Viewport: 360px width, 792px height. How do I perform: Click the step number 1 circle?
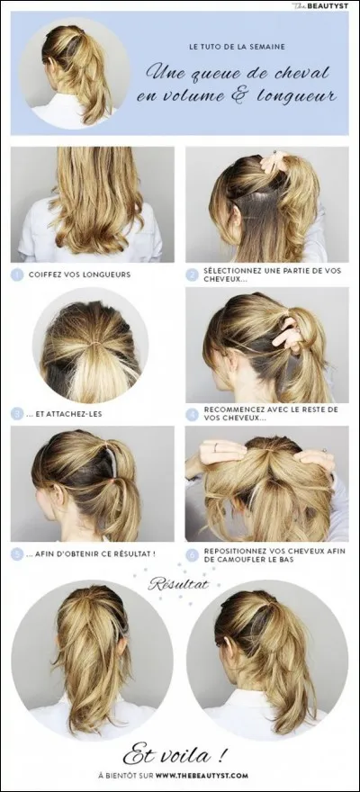tap(17, 274)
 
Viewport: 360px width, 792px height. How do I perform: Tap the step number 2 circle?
tap(192, 274)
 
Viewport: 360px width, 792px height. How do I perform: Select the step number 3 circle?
tap(17, 414)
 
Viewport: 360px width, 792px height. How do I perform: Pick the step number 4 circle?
tap(192, 414)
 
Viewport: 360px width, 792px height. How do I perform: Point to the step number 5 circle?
tap(17, 554)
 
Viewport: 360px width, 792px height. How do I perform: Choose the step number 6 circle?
tap(192, 554)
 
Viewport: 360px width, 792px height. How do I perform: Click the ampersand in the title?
tap(254, 95)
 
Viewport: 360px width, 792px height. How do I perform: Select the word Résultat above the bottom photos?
tap(177, 584)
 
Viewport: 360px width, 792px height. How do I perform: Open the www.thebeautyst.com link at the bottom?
tap(202, 775)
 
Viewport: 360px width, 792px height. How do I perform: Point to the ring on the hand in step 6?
tap(216, 446)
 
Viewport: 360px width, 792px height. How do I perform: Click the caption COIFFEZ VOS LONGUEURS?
tap(80, 274)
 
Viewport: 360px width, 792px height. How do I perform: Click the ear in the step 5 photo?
tap(59, 495)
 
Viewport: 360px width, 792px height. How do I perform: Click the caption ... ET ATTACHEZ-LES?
tap(65, 414)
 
